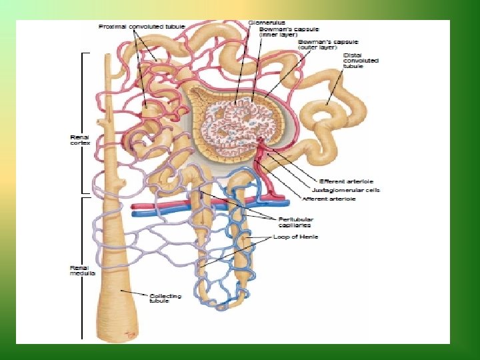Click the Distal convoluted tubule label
pyautogui.click(x=361, y=62)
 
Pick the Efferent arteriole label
pyautogui.click(x=346, y=181)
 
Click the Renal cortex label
pyautogui.click(x=79, y=141)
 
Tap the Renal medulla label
pyautogui.click(x=82, y=271)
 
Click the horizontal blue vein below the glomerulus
pyautogui.click(x=160, y=214)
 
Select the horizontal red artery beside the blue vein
pyautogui.click(x=160, y=206)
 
